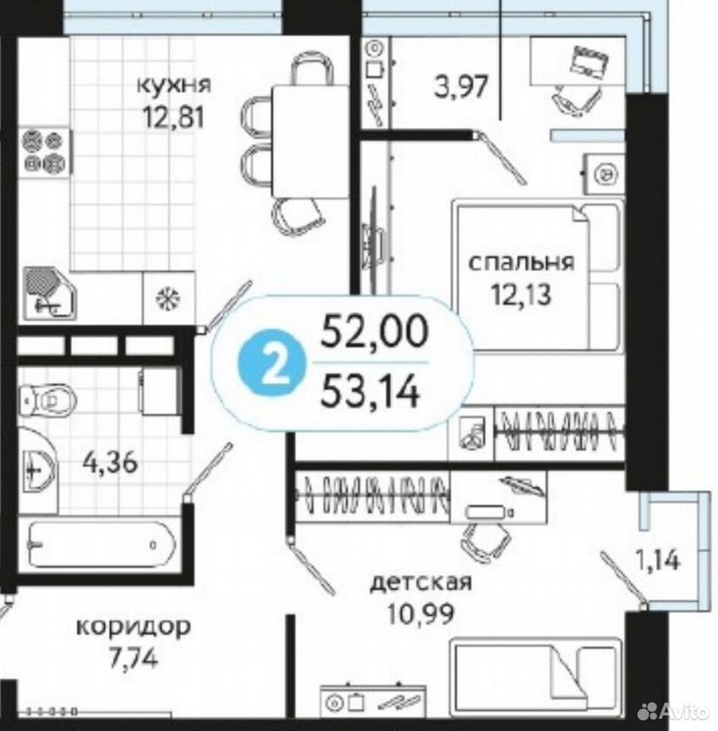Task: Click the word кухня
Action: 173,85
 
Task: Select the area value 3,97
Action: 461,87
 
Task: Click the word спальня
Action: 521,263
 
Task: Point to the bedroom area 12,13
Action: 521,294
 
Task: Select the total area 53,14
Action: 371,391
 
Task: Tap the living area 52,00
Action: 374,330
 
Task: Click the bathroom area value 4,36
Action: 110,463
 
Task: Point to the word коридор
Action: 134,627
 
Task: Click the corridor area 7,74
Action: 134,658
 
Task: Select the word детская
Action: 421,583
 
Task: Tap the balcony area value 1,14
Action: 657,560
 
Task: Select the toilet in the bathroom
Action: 47,400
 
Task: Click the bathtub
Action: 102,544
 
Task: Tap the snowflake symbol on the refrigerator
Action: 167,298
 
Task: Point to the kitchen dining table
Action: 310,142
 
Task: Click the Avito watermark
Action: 673,711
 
